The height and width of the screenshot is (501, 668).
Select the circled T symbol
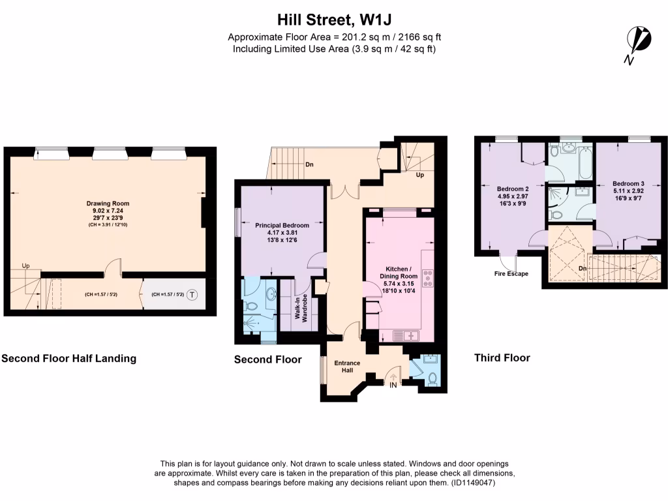tap(192, 295)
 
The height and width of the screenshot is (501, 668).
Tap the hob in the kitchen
tap(428, 278)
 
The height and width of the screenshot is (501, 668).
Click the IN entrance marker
tap(393, 386)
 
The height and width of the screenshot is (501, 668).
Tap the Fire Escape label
tap(511, 274)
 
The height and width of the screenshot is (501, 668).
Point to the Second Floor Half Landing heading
tap(69, 358)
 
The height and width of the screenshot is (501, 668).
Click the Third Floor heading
tap(502, 357)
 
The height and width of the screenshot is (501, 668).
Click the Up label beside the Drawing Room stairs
tap(26, 266)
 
